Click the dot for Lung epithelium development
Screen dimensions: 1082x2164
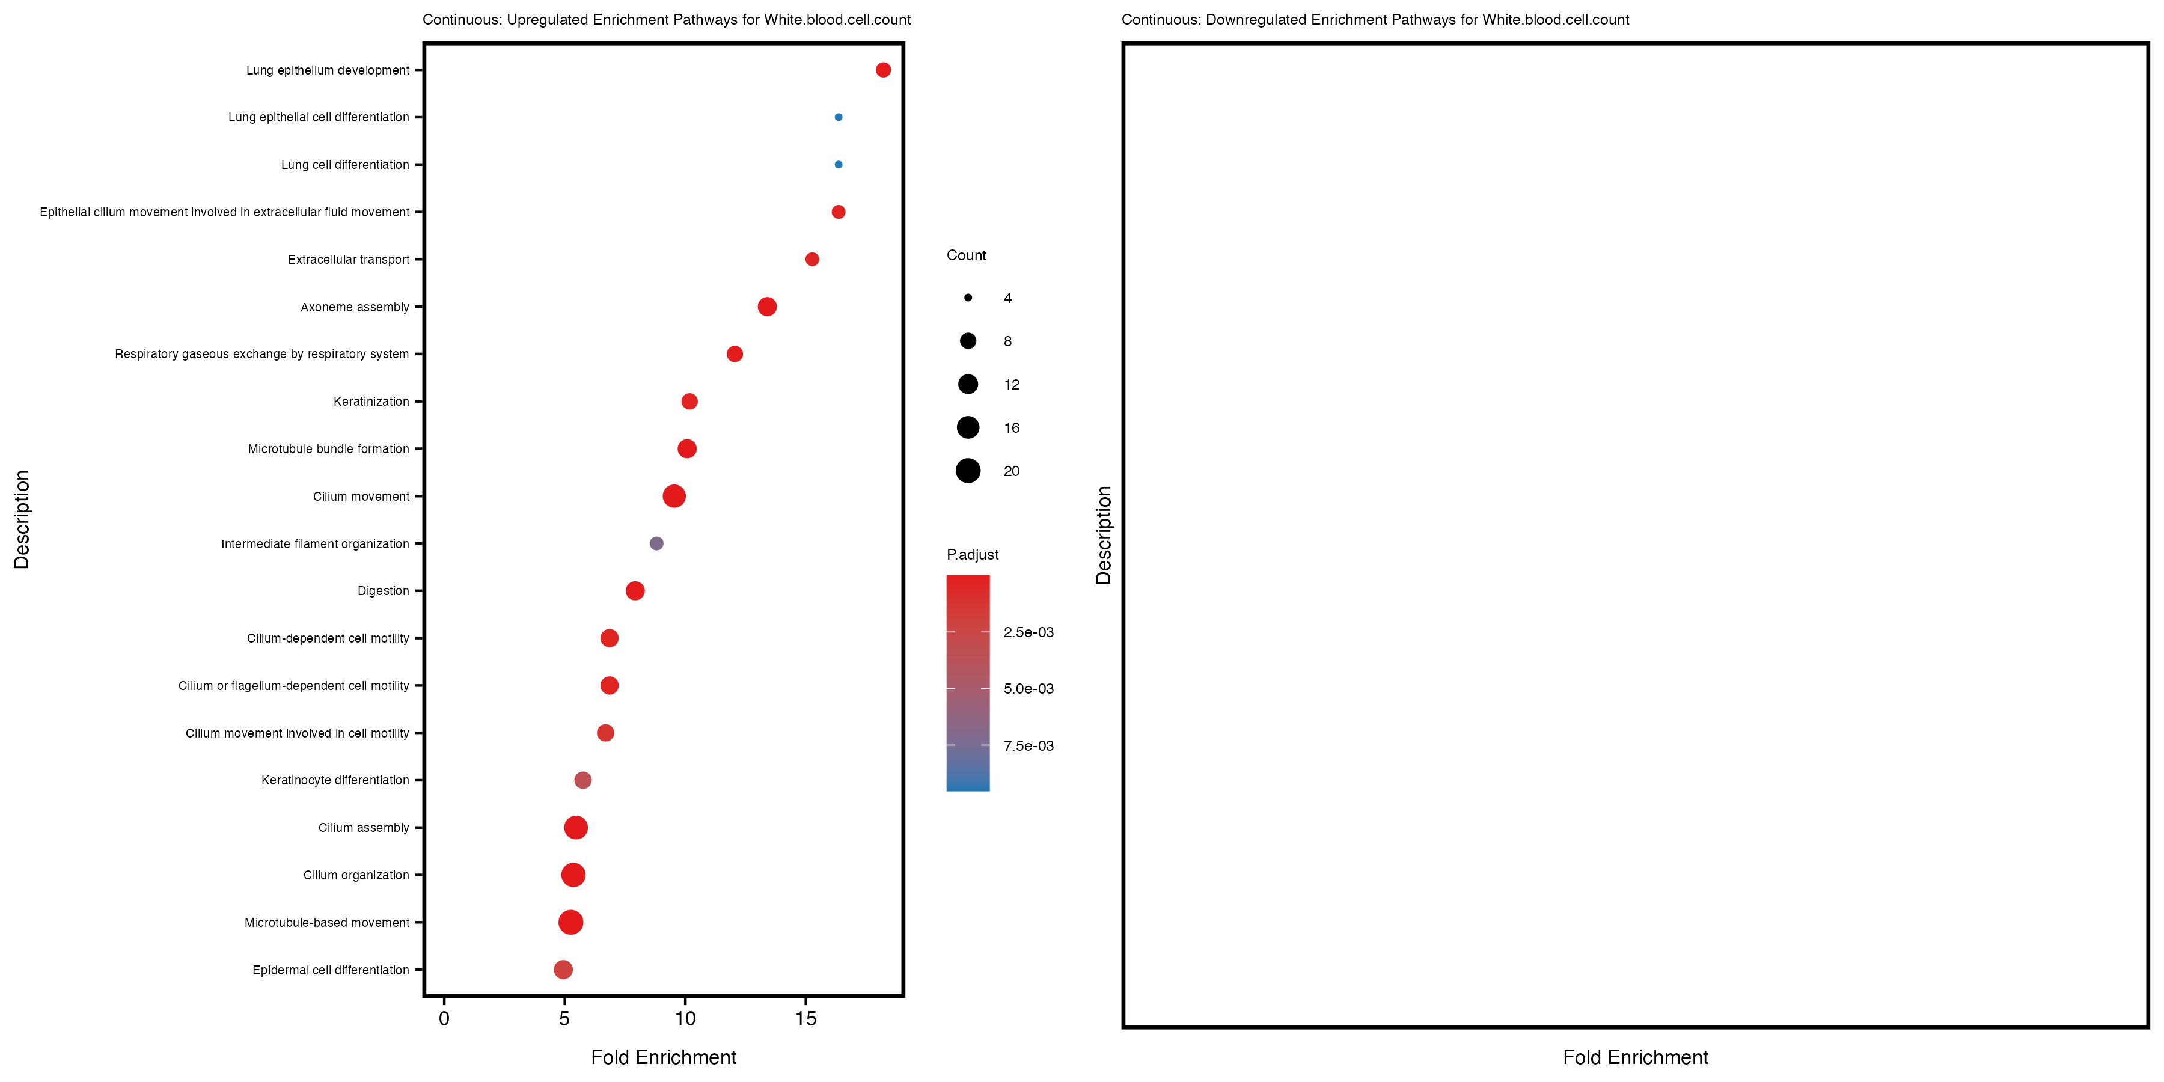(x=883, y=70)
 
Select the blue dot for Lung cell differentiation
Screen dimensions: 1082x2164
(x=839, y=165)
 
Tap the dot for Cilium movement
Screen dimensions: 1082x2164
(x=674, y=497)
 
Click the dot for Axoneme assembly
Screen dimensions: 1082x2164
(x=767, y=307)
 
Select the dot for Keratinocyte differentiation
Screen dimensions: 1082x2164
(x=583, y=780)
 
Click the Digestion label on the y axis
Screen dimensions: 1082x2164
(x=383, y=591)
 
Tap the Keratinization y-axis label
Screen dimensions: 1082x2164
(x=371, y=402)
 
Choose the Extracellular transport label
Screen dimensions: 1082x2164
(x=349, y=260)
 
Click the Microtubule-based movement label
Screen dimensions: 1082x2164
(x=327, y=922)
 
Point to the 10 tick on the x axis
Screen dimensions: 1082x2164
(x=685, y=1019)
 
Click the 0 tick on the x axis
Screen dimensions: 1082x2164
(x=444, y=1019)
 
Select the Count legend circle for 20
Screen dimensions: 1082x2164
(x=968, y=471)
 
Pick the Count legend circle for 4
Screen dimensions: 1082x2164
(x=968, y=298)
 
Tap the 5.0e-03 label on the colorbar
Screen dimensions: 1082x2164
(x=1029, y=689)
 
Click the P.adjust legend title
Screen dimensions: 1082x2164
(x=972, y=554)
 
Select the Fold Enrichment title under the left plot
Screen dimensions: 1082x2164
(x=663, y=1057)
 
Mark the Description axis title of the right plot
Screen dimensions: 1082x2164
(x=1104, y=535)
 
